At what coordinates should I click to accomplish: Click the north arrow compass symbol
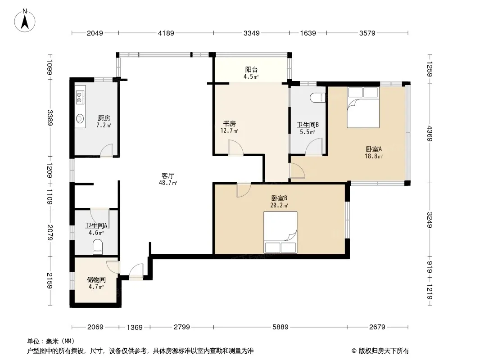25,21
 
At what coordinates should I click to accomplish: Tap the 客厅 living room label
168,176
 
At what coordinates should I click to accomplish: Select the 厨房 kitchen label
104,118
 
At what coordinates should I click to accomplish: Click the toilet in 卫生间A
98,247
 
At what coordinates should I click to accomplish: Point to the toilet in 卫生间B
318,98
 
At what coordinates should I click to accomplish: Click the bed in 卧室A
363,108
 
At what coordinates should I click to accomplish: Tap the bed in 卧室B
281,232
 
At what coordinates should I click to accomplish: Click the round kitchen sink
80,118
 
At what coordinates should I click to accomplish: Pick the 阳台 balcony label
251,70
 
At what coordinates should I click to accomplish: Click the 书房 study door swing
235,148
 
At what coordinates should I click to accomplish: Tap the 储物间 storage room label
96,279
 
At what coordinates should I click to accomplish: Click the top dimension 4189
166,33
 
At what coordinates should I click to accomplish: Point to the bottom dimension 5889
281,327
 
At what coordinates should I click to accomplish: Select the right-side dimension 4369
430,134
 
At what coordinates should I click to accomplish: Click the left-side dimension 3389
50,118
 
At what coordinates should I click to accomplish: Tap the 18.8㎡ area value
374,156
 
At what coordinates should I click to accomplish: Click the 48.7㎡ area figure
168,183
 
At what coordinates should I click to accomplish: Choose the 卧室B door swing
244,190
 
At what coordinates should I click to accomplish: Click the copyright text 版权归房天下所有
384,351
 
